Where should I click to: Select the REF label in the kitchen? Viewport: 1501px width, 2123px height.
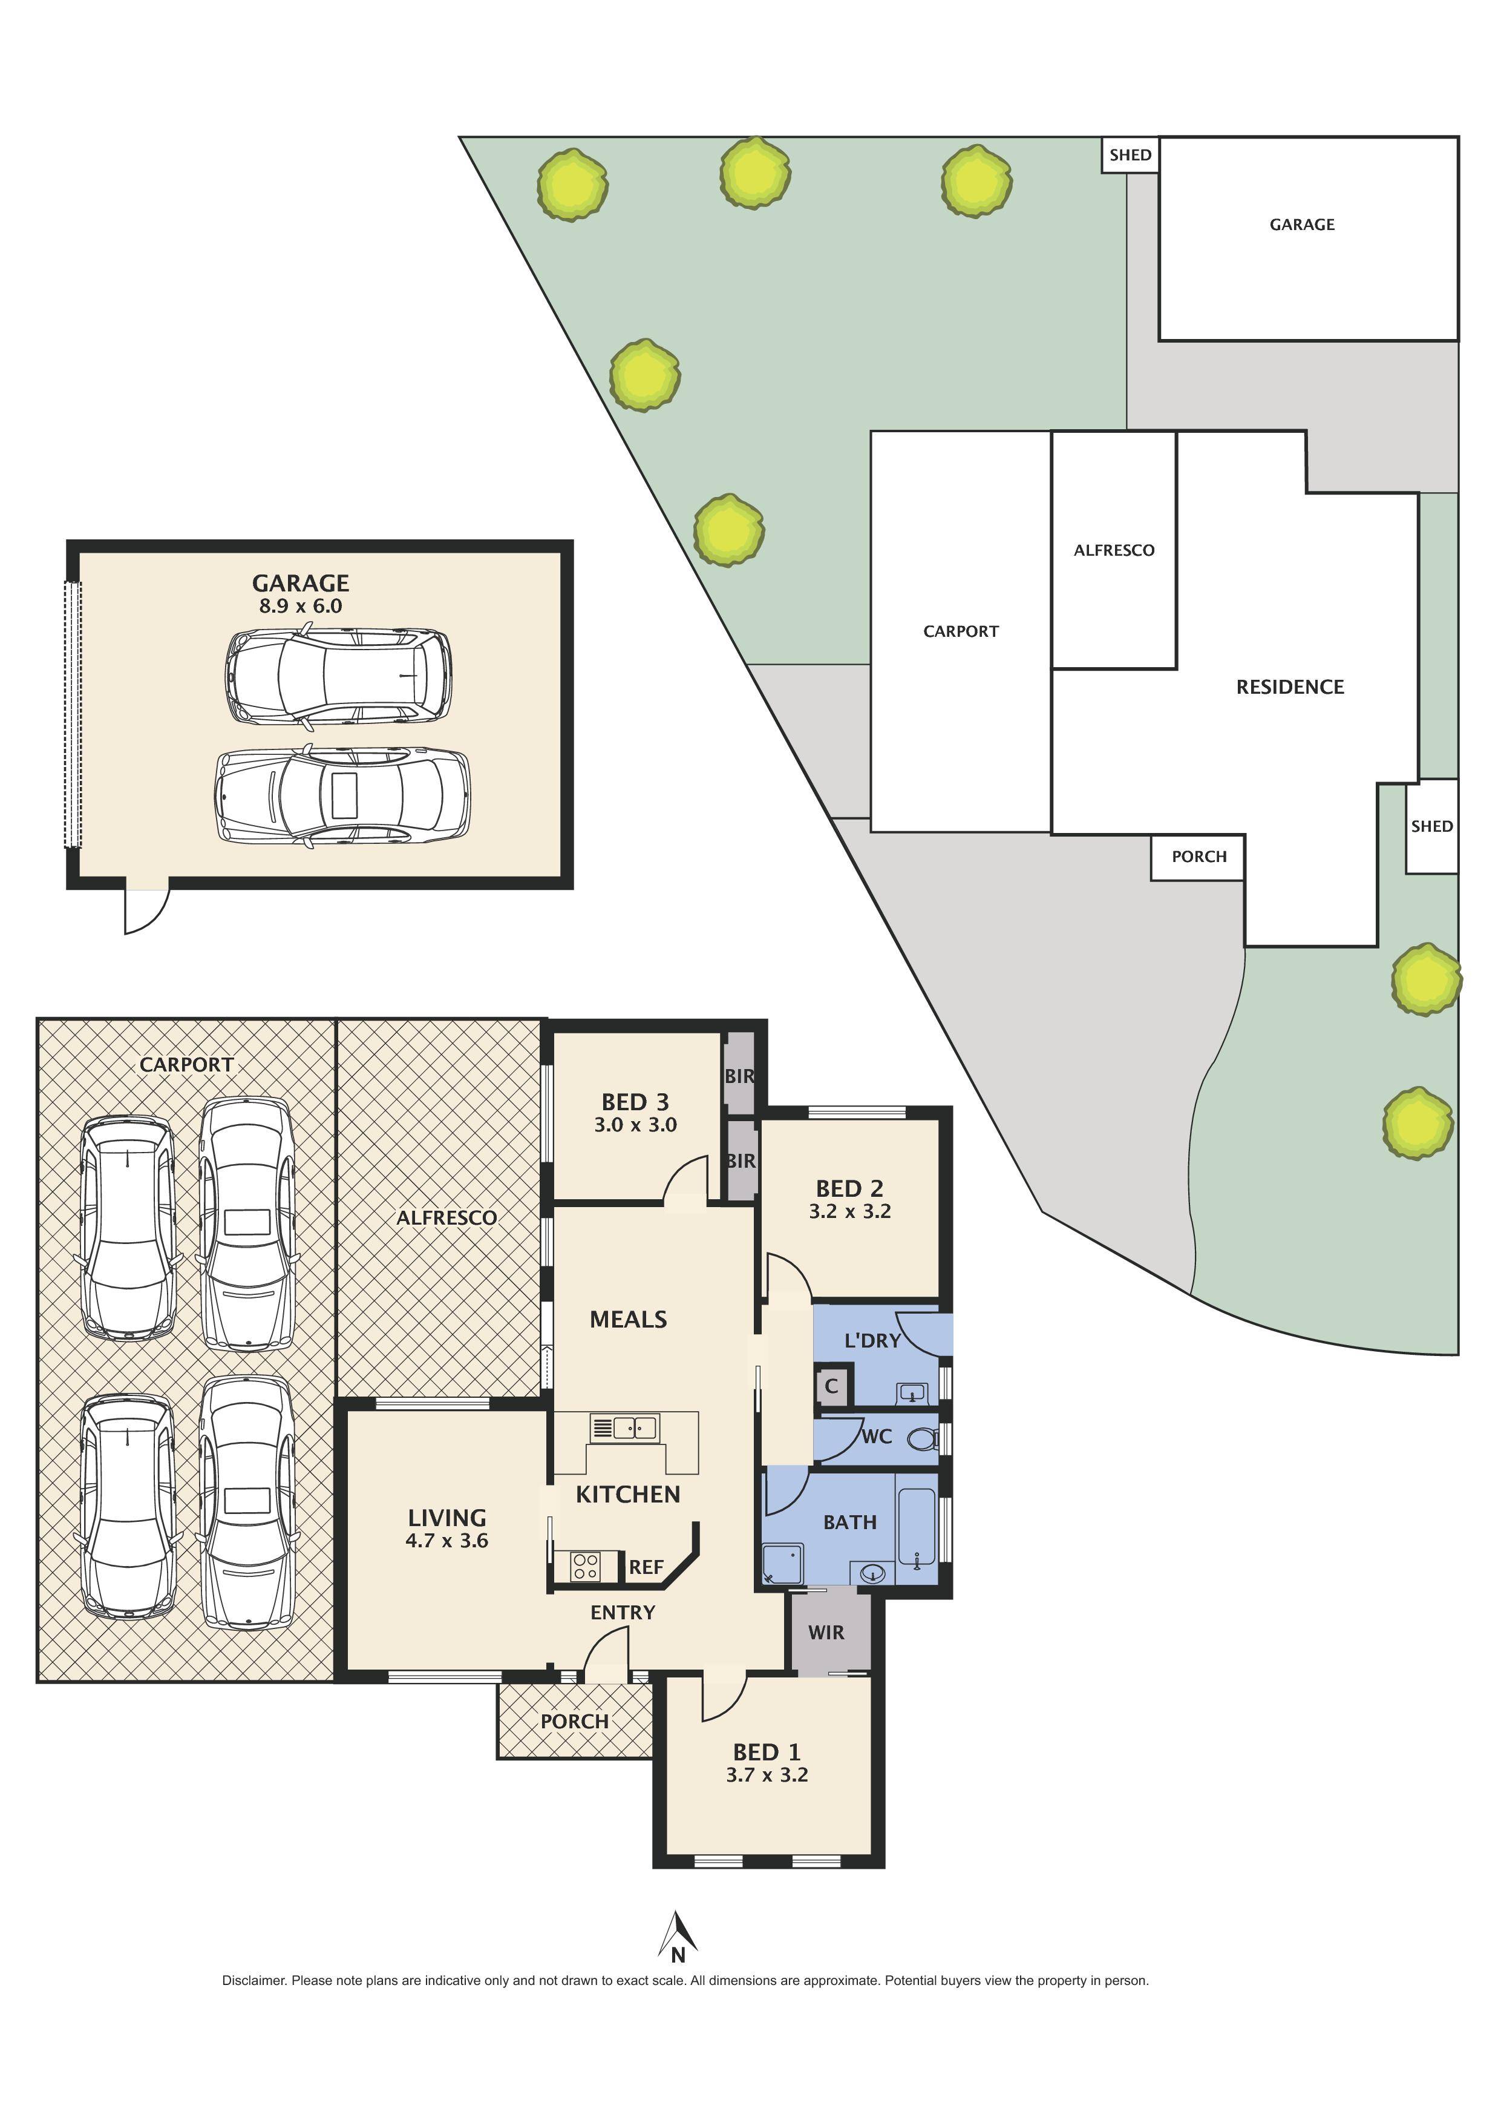646,1567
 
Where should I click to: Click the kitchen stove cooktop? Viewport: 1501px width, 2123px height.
585,1566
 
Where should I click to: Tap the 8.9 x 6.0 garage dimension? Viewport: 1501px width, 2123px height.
301,607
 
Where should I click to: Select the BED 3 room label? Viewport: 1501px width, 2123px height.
635,1102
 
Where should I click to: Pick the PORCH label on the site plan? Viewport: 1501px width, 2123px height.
1199,856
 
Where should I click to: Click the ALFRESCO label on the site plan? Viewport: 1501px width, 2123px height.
1114,550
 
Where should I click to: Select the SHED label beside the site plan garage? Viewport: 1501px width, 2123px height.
1130,154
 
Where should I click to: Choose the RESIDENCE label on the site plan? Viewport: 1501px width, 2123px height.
1289,687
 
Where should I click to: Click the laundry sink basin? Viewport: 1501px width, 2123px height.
911,1392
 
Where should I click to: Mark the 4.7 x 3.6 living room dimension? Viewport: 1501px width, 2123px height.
446,1541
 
